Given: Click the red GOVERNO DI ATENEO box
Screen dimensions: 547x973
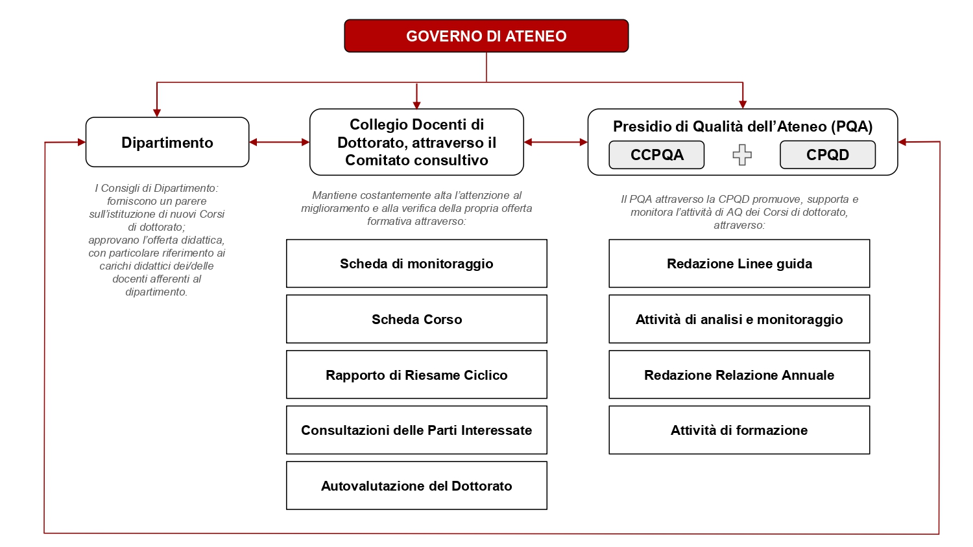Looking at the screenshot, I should (486, 36).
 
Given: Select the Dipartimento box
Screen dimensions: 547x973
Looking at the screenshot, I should (167, 143).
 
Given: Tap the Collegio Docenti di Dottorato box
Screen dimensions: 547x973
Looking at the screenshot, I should (416, 143).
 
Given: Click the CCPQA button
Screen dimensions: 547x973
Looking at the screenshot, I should (656, 155).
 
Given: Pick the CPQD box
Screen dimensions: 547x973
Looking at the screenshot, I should (827, 155).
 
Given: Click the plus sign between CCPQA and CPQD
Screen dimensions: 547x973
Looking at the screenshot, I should (742, 155).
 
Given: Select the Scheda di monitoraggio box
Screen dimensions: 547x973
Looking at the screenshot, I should (416, 264).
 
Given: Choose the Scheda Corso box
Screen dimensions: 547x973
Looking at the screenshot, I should (416, 320).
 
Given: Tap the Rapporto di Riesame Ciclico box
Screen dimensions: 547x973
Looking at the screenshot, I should (416, 375).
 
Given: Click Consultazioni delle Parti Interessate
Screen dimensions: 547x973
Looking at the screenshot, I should (416, 430).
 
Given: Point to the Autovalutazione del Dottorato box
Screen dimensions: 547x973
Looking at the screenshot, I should (416, 486).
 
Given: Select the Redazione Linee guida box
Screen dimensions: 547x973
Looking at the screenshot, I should (739, 264).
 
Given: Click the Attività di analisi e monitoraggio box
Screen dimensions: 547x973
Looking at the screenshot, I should (739, 320).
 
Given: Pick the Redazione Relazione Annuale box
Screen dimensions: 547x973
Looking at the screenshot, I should (739, 375).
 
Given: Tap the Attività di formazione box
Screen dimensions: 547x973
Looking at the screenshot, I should (739, 430).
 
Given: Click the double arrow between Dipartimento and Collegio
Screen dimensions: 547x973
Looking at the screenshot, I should (280, 142).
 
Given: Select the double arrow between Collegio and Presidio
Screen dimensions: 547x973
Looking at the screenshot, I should (555, 142).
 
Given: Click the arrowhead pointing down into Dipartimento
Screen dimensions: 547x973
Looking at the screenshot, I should (157, 112).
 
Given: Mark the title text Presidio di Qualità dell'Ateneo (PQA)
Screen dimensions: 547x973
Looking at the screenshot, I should (743, 126).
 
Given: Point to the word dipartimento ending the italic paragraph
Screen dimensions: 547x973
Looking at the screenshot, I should (156, 292).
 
